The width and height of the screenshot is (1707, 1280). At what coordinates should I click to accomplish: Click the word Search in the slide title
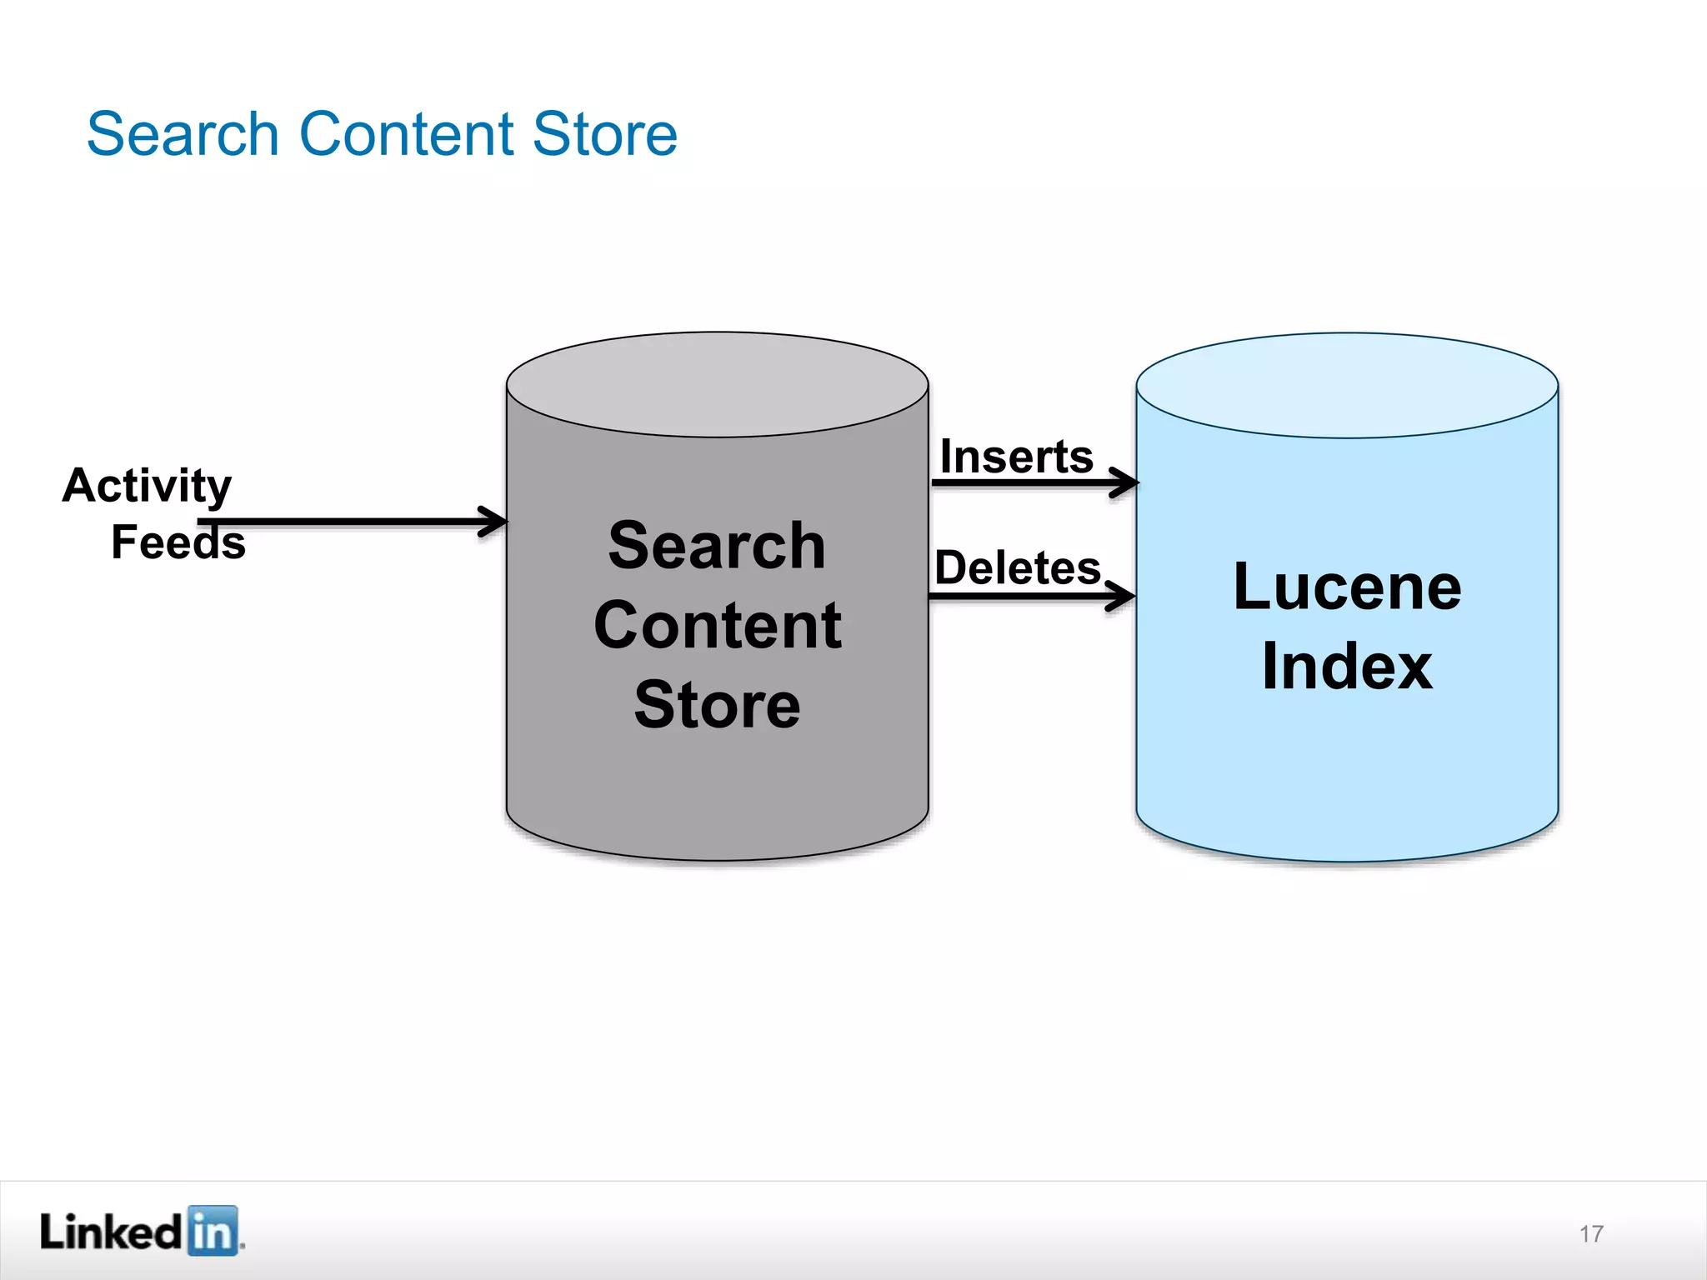(183, 135)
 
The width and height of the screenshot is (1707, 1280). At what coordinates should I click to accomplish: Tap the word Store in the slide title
(605, 135)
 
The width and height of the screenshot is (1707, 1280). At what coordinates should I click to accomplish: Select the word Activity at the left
(147, 486)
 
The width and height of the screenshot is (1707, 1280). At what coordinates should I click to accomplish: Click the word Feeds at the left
(178, 543)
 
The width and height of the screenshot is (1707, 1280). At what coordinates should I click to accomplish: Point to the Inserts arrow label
(1016, 457)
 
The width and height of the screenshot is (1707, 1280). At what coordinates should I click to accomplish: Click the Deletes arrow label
(1018, 568)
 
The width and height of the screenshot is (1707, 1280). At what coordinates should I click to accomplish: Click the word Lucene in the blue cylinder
(1347, 587)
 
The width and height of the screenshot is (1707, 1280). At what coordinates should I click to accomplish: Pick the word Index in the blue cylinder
(1347, 667)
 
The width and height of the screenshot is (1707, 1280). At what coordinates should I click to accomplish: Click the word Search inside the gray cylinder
(717, 546)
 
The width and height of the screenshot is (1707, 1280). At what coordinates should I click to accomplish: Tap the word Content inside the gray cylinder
(717, 626)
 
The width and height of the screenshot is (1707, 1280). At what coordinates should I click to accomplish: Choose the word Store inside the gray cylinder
(717, 705)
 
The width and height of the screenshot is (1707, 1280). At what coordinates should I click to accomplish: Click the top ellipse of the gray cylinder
(717, 384)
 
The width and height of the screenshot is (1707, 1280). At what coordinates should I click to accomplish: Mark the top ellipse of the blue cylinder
(1347, 385)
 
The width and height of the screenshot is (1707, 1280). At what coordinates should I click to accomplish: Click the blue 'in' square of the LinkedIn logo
(212, 1230)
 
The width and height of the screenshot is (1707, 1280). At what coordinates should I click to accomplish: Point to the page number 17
(1591, 1234)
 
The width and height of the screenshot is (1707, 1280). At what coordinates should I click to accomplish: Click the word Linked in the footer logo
(111, 1232)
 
